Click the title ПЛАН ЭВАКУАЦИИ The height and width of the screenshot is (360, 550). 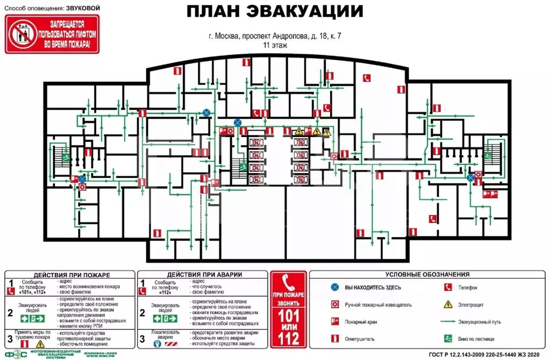coord(275,12)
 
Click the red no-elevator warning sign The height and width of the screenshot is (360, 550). coord(52,34)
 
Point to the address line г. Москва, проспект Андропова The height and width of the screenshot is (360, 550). coord(275,37)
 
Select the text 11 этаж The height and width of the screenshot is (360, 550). coord(275,46)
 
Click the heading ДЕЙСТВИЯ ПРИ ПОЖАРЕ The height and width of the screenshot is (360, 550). coord(69,274)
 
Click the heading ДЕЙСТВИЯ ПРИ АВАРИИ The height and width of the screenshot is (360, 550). coord(204,274)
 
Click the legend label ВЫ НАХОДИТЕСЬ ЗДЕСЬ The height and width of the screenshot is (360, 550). coord(373,288)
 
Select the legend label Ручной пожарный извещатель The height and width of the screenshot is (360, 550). coord(378,305)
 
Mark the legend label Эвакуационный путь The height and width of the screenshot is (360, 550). coord(480,322)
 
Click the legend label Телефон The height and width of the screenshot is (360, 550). coord(468,288)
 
